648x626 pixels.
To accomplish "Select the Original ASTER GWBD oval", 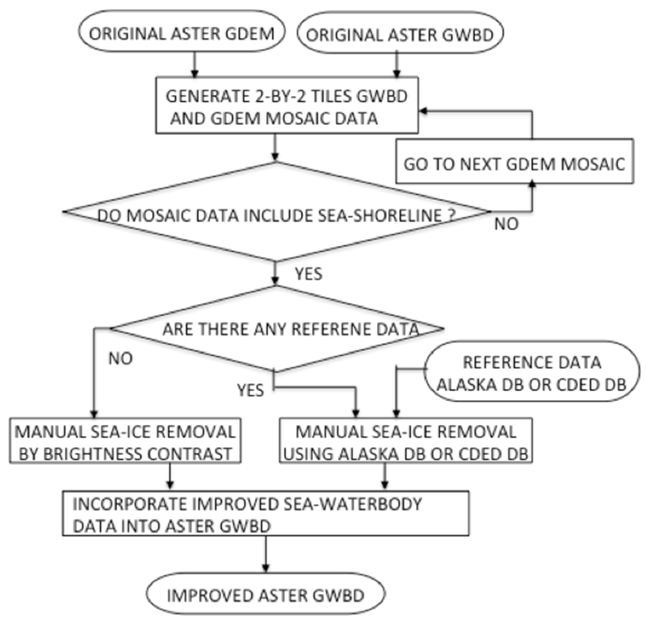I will pyautogui.click(x=400, y=33).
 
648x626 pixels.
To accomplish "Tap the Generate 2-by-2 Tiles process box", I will pyautogui.click(x=287, y=106).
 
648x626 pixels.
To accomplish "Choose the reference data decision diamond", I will pyautogui.click(x=277, y=329).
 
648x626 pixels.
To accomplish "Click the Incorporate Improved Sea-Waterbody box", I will pyautogui.click(x=265, y=514).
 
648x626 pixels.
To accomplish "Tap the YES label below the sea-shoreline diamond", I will pyautogui.click(x=308, y=274).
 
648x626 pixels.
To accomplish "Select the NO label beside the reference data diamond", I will pyautogui.click(x=120, y=359).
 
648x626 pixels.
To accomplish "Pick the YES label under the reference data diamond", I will pyautogui.click(x=251, y=390).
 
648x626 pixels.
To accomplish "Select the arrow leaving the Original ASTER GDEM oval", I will pyautogui.click(x=195, y=65).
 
